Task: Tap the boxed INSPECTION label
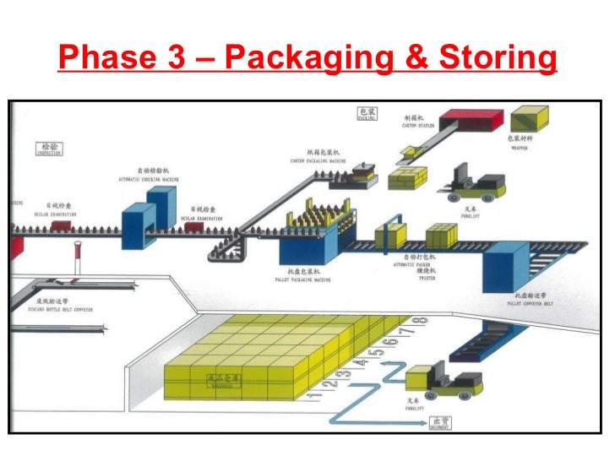pyautogui.click(x=48, y=150)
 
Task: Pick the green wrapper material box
pyautogui.click(x=528, y=119)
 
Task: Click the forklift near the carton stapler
pyautogui.click(x=477, y=181)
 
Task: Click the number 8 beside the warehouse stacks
pyautogui.click(x=423, y=321)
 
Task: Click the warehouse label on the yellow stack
pyautogui.click(x=215, y=380)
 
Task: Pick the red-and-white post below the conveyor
pyautogui.click(x=79, y=255)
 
